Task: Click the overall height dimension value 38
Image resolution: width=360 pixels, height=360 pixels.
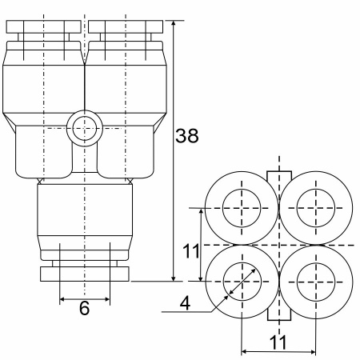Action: coord(187,136)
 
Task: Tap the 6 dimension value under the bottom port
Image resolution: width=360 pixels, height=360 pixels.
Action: coord(85,308)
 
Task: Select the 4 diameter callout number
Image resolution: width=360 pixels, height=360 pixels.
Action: coord(185,303)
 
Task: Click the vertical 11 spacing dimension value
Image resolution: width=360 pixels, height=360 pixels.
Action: coord(191,251)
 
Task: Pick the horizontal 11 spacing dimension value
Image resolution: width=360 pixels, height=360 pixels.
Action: coord(278,342)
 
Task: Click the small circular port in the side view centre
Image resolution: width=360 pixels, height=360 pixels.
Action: coord(85,128)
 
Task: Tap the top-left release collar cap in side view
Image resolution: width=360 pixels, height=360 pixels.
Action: coord(43,27)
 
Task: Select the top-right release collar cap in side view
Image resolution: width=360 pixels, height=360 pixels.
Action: coord(126,27)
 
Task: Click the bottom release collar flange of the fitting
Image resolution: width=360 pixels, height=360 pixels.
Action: coord(85,274)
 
